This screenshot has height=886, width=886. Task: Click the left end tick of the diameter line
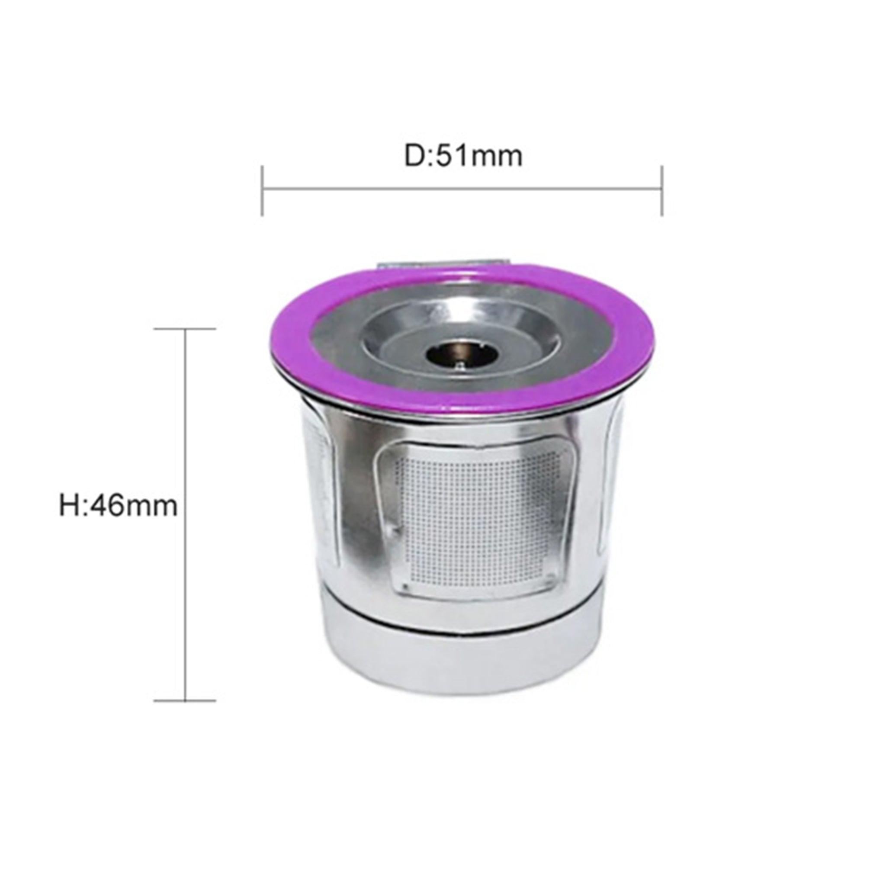262,190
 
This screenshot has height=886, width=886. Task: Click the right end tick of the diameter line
662,190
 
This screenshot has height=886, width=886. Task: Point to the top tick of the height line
185,328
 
